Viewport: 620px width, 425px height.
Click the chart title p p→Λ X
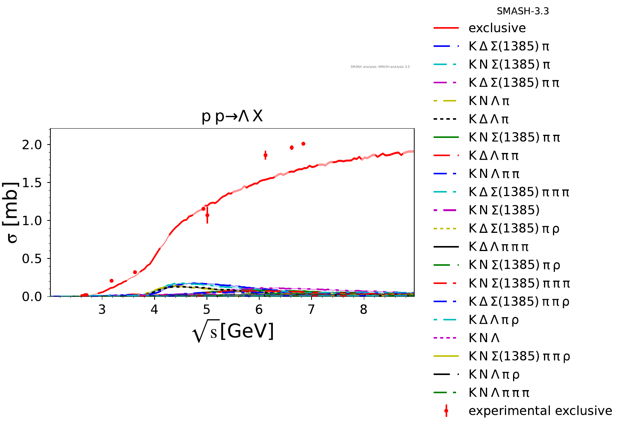point(232,116)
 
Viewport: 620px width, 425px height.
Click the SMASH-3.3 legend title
point(523,11)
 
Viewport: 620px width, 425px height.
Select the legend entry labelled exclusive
point(497,28)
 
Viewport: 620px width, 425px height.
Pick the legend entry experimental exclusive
point(540,411)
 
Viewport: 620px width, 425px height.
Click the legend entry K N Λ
point(484,338)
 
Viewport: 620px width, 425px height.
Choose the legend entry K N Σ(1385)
point(504,210)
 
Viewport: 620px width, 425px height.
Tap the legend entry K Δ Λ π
point(489,119)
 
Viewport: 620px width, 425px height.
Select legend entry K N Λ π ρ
point(494,375)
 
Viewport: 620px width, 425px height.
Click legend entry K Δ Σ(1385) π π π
point(519,192)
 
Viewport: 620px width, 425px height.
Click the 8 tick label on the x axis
point(363,310)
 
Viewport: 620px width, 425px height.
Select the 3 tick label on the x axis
point(102,310)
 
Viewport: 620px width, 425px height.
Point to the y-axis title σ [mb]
point(12,212)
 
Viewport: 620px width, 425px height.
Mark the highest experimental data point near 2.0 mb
point(303,144)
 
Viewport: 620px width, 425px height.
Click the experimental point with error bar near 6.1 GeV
point(265,155)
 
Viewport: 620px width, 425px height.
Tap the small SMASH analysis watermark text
point(380,67)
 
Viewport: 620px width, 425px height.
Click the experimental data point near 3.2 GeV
point(112,280)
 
